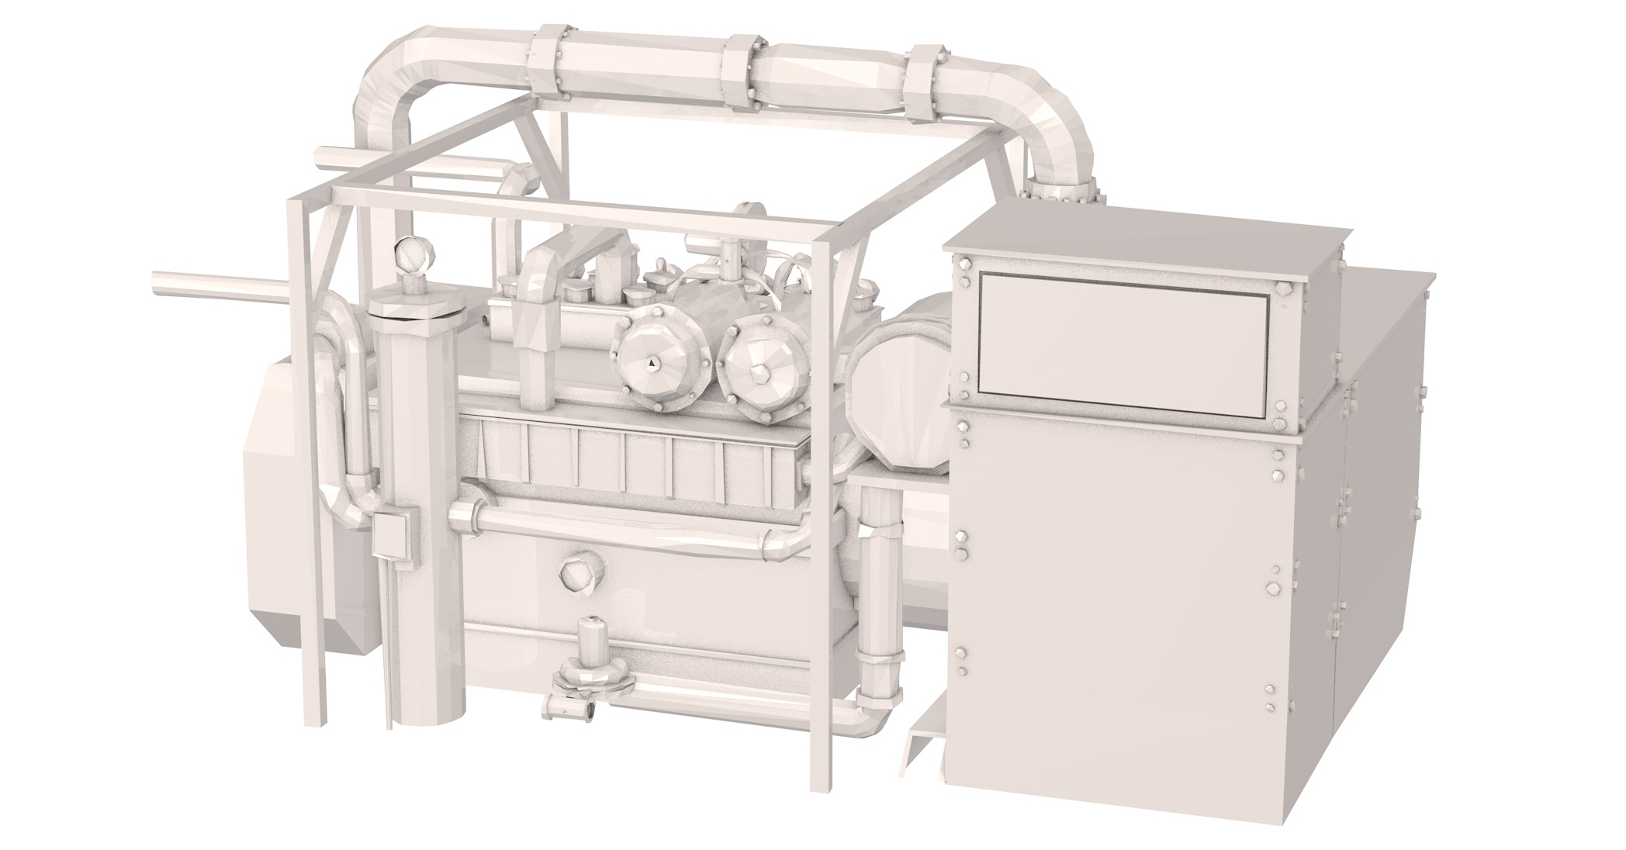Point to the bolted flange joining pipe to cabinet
[1062, 190]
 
